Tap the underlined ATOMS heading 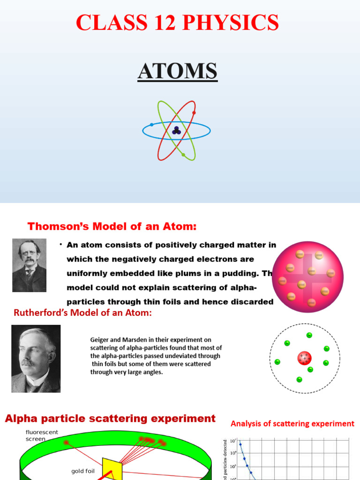(177, 72)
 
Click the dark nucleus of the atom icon (176, 131)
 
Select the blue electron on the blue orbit (152, 125)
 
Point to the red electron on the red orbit (194, 112)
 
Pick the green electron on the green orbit (183, 155)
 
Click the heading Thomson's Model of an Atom (112, 227)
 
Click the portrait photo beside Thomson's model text (29, 265)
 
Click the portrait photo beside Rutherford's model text (36, 358)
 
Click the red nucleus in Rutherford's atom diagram (304, 359)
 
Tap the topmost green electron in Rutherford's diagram (309, 335)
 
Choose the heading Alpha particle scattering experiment (110, 419)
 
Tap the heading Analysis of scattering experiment (292, 424)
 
